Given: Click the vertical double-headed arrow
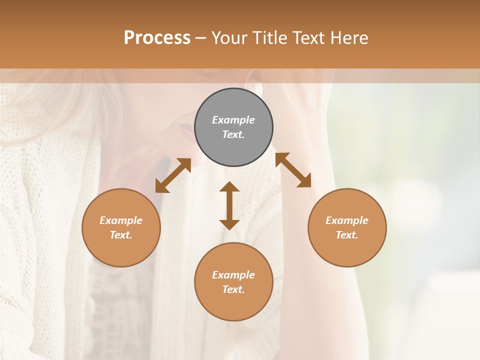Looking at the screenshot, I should pos(229,205).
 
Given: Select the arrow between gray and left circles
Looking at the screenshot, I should pos(173,175).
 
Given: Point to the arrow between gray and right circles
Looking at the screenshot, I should pos(293,170).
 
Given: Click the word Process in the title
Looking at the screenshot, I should pos(157,38).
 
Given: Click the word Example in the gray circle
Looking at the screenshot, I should pos(233,120).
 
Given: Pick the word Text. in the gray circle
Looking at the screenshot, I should pos(233,134).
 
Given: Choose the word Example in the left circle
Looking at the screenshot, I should pos(121,220).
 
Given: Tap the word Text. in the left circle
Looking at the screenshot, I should pos(121,235).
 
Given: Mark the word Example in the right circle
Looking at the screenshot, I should pos(347,220).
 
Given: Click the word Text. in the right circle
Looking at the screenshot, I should pos(347,235).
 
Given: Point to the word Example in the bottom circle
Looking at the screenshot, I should pos(233,275).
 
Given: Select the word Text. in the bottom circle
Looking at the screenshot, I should pos(233,289).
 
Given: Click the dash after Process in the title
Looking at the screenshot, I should pos(201,38).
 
